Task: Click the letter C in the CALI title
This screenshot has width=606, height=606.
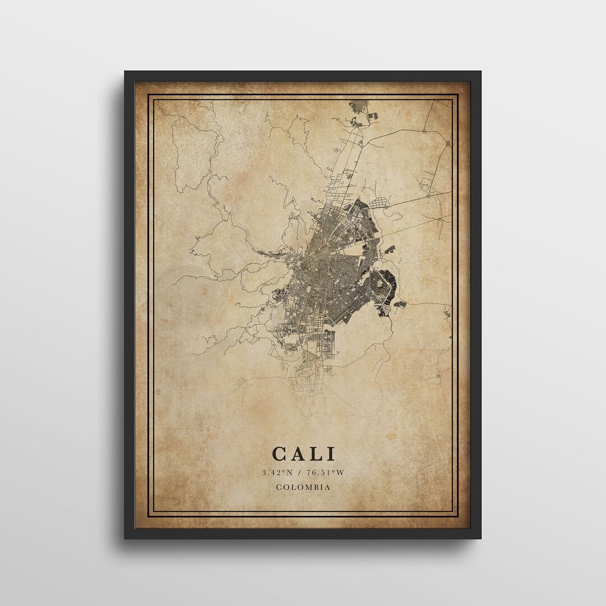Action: pyautogui.click(x=280, y=454)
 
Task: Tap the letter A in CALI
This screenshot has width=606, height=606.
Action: pyautogui.click(x=298, y=454)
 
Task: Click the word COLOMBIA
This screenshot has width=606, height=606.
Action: pyautogui.click(x=303, y=487)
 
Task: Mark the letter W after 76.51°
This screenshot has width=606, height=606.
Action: pyautogui.click(x=340, y=472)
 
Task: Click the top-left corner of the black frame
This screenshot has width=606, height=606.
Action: pyautogui.click(x=125, y=71)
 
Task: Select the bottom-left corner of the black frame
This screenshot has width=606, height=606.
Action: pyautogui.click(x=125, y=538)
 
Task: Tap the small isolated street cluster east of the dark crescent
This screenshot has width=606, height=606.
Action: pyautogui.click(x=401, y=305)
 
